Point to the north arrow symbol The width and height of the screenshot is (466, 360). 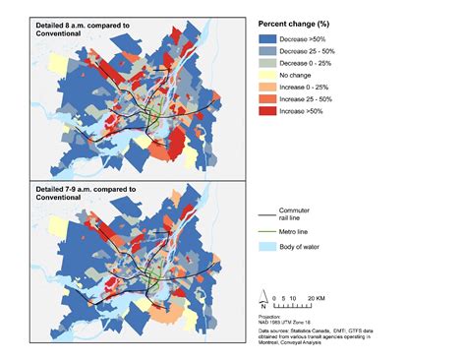[262, 293]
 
